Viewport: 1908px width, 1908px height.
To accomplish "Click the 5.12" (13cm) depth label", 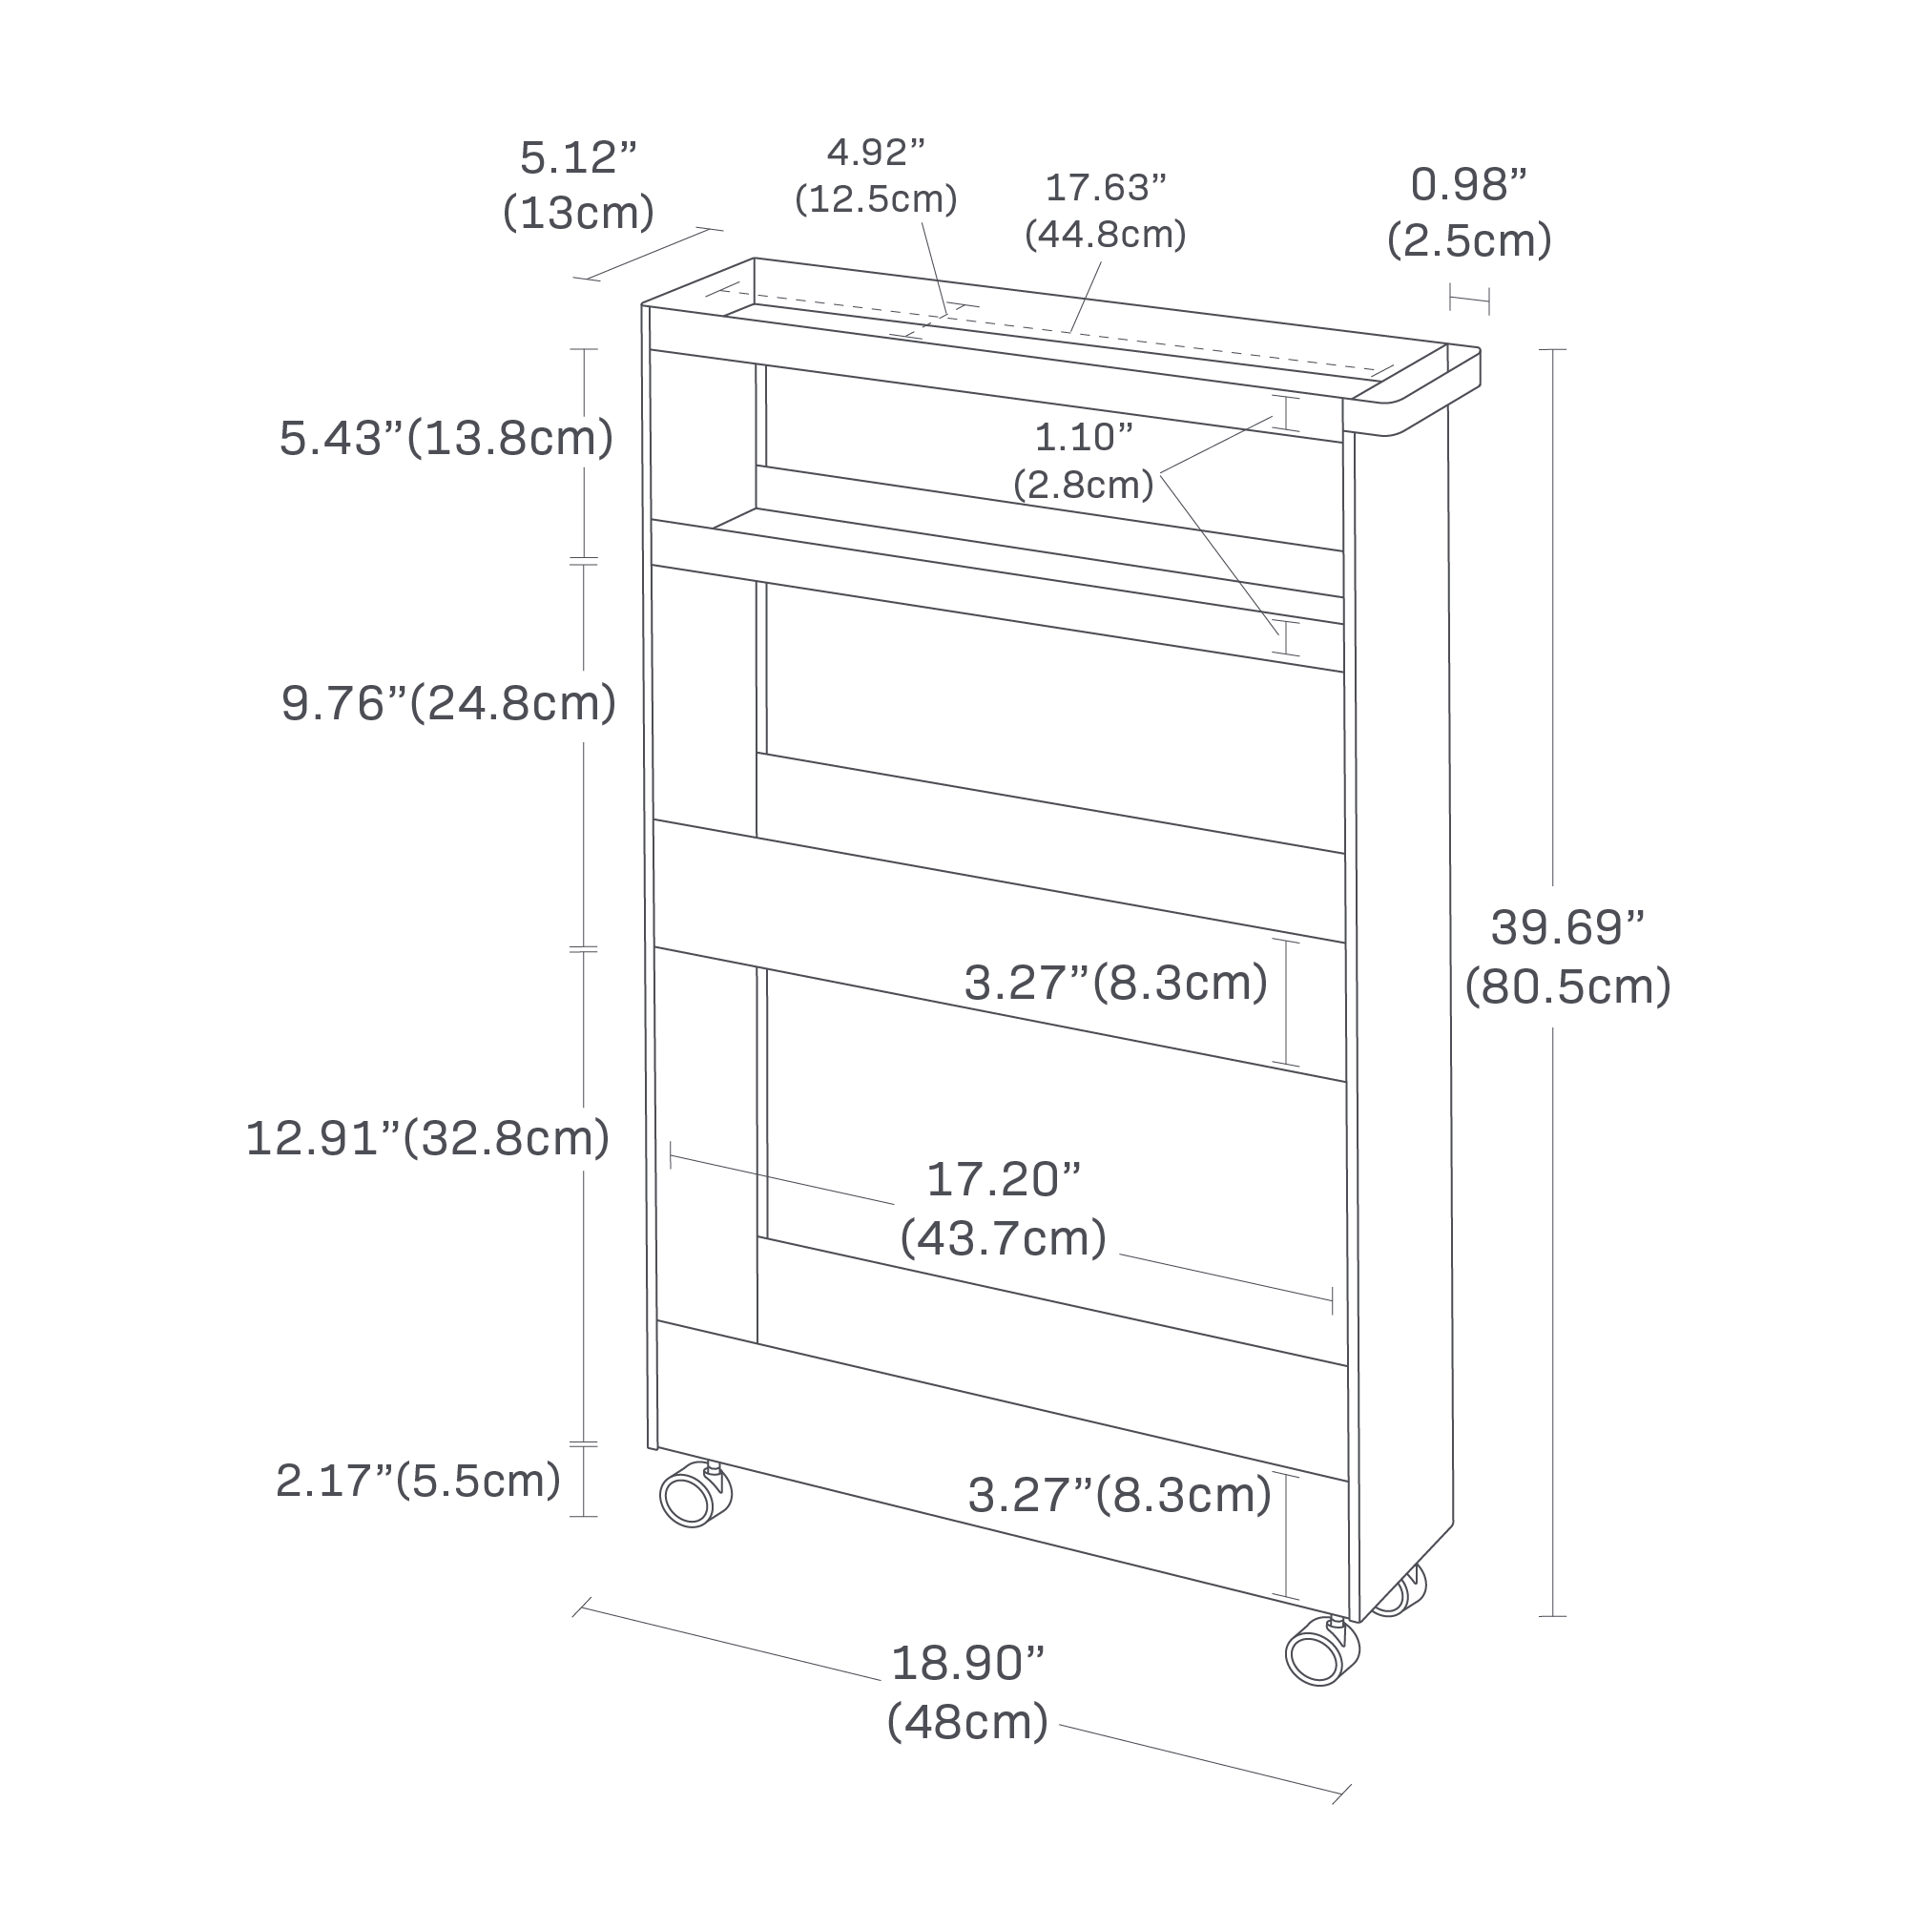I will click(578, 186).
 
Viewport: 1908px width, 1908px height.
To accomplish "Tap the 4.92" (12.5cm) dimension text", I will click(876, 176).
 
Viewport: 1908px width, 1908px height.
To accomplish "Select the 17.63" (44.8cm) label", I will click(1105, 210).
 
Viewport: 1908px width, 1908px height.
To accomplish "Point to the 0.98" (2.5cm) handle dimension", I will click(1468, 213).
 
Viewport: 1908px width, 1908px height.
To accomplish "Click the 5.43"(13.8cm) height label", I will click(446, 439).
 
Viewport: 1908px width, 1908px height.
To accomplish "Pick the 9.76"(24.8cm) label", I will click(448, 703).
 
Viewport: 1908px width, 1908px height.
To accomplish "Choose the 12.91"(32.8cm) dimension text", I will click(427, 1138).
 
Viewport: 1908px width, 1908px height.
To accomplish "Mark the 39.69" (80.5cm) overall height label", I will click(1567, 956).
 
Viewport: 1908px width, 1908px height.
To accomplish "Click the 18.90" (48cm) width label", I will click(967, 1691).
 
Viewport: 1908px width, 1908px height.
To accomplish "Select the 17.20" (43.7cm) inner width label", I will click(1004, 1208).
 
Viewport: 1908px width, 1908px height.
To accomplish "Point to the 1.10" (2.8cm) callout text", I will click(1084, 460).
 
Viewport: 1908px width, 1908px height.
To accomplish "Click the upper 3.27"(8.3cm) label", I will click(1116, 983).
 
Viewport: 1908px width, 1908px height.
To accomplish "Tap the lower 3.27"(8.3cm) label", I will click(1119, 1495).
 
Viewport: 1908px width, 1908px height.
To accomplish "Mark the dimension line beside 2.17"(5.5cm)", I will click(584, 1481).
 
